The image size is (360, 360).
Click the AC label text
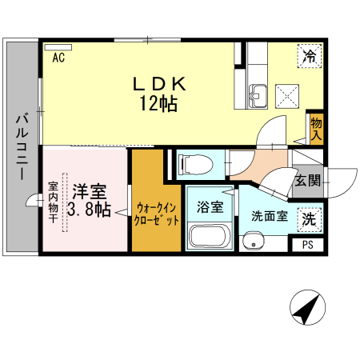coord(58,58)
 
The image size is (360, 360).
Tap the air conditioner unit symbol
coord(58,47)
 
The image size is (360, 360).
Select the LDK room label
coord(159,84)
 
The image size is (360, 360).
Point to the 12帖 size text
coord(158,103)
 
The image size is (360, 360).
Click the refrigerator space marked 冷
coord(310,56)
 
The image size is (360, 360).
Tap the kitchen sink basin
coord(258,97)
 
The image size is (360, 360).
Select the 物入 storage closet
coord(317,130)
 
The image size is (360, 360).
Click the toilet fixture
coord(197,165)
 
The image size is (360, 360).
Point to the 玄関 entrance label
coord(308,181)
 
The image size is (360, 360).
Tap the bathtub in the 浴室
coord(210,237)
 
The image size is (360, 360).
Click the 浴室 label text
coord(210,207)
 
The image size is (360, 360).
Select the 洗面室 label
coord(270,216)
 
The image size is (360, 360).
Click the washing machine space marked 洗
coord(310,219)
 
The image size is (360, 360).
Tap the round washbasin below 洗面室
coord(253,242)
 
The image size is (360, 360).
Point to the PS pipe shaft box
coord(308,245)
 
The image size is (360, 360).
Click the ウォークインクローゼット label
coord(157,214)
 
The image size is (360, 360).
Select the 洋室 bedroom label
coord(90,191)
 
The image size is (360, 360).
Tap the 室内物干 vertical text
coord(54,202)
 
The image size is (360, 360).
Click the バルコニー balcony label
coord(22,146)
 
